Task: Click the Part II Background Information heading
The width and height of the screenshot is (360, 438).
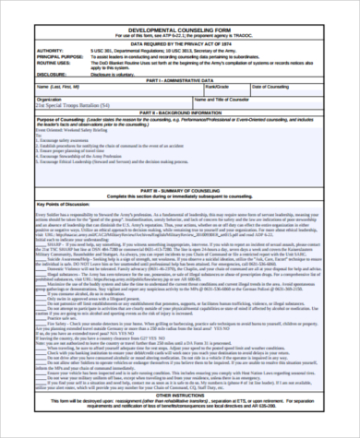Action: (x=181, y=111)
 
